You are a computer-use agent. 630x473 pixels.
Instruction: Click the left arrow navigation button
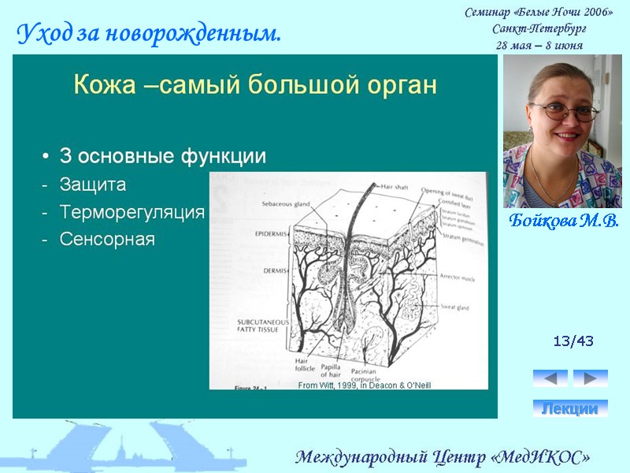pos(550,378)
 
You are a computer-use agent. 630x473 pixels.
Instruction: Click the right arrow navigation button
pos(590,378)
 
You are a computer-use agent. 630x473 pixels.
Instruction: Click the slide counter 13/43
pos(573,341)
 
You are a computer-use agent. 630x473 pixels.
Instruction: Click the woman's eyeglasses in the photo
pos(564,111)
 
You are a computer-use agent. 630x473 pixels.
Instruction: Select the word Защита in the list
pos(93,184)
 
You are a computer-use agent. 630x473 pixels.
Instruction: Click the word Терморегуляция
pos(132,212)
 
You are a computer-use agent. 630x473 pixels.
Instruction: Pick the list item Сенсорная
pos(107,239)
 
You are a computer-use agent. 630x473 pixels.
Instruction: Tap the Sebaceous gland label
pos(285,203)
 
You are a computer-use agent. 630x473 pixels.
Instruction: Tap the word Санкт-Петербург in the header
pos(539,29)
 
